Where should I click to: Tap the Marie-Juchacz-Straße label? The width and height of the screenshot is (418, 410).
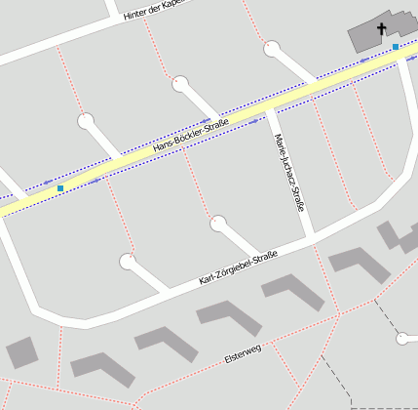point(289,173)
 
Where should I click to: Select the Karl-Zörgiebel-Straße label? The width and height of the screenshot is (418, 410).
point(238,269)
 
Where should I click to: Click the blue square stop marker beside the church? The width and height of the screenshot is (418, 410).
point(396,46)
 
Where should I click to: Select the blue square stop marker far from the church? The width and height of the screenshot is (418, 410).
point(60,187)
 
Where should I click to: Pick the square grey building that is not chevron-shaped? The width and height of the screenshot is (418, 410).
point(21,352)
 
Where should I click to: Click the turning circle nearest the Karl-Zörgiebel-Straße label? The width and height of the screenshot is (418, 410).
point(218,225)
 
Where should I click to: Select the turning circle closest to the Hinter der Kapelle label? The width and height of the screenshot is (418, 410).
point(180,84)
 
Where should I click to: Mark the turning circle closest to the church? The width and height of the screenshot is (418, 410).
point(272,47)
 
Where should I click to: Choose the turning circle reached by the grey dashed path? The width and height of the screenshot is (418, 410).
point(402,339)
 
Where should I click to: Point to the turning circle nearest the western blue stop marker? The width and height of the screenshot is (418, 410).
point(87,122)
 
